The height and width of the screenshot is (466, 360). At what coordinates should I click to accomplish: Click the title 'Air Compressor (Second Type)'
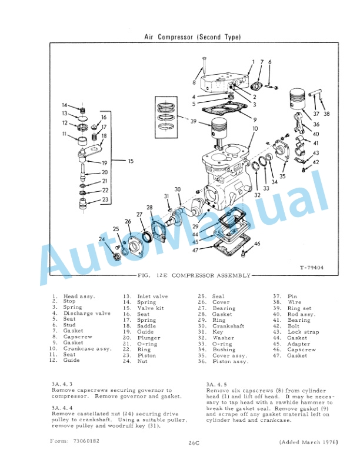[192, 37]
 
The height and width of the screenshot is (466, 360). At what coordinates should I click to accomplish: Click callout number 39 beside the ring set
[193, 121]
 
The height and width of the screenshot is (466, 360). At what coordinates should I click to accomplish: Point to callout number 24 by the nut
[101, 239]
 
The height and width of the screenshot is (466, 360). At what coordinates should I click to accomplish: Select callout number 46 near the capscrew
[257, 243]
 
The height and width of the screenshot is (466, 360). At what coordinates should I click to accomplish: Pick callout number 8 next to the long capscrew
[194, 82]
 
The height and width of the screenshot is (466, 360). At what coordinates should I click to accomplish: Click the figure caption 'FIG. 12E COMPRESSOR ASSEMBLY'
[193, 275]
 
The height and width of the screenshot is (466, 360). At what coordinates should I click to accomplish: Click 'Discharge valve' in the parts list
[86, 314]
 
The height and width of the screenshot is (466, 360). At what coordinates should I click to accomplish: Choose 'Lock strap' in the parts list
[303, 332]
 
